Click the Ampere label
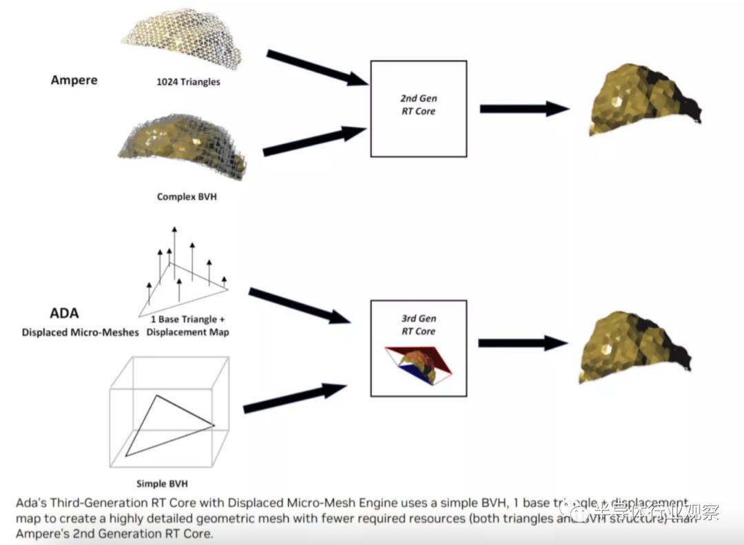pos(74,80)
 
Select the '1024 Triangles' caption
pos(188,82)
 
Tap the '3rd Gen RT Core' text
pos(419,325)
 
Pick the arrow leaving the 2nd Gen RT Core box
pos(524,108)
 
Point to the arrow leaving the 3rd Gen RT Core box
pos(523,342)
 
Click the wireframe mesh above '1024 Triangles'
pos(186,39)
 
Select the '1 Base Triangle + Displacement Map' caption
pos(190,326)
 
